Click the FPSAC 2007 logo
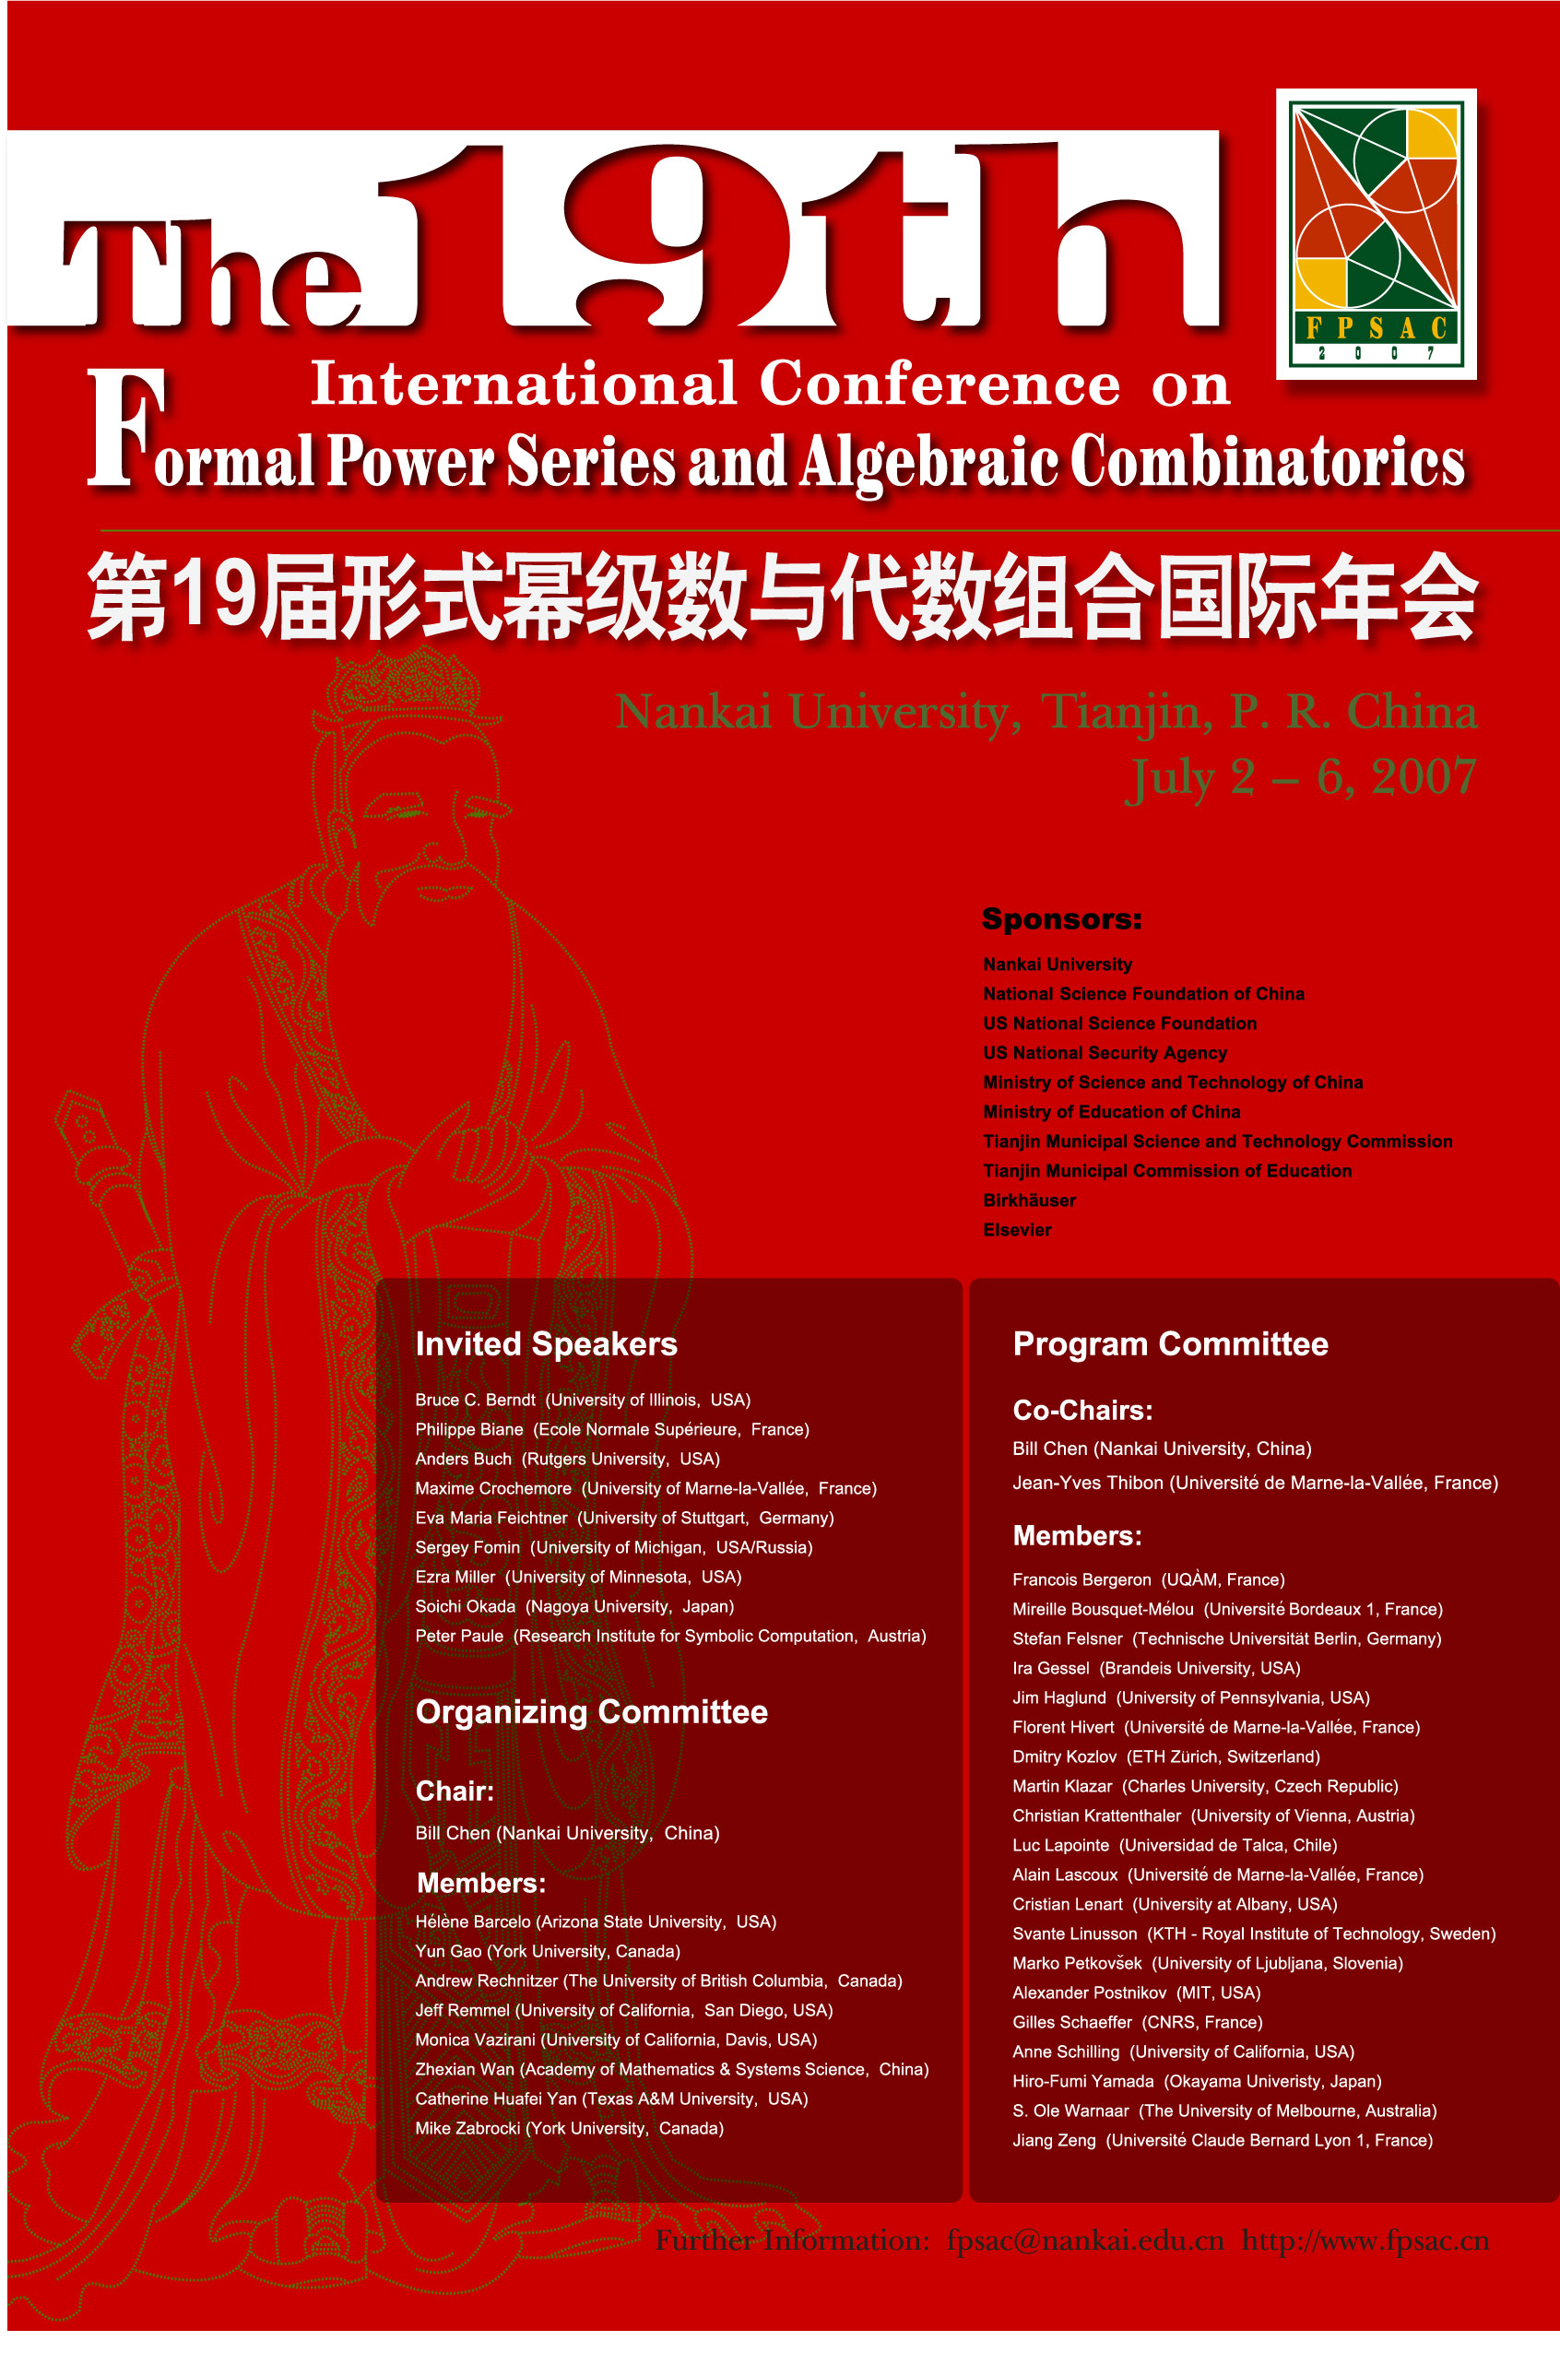[x=1376, y=235]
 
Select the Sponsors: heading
[x=1060, y=918]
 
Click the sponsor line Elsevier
[x=1017, y=1230]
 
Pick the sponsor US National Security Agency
[x=1105, y=1053]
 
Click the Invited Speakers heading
[x=546, y=1344]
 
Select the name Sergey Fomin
[x=467, y=1547]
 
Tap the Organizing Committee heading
[x=591, y=1711]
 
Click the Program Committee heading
[x=1170, y=1344]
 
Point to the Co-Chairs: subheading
[x=1082, y=1410]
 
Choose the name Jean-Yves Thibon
[x=1087, y=1483]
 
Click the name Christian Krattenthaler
[x=1096, y=1815]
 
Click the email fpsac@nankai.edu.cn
[x=1084, y=2240]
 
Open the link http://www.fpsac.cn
[x=1365, y=2240]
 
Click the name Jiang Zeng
[x=1054, y=2140]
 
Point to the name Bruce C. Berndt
[x=475, y=1400]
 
